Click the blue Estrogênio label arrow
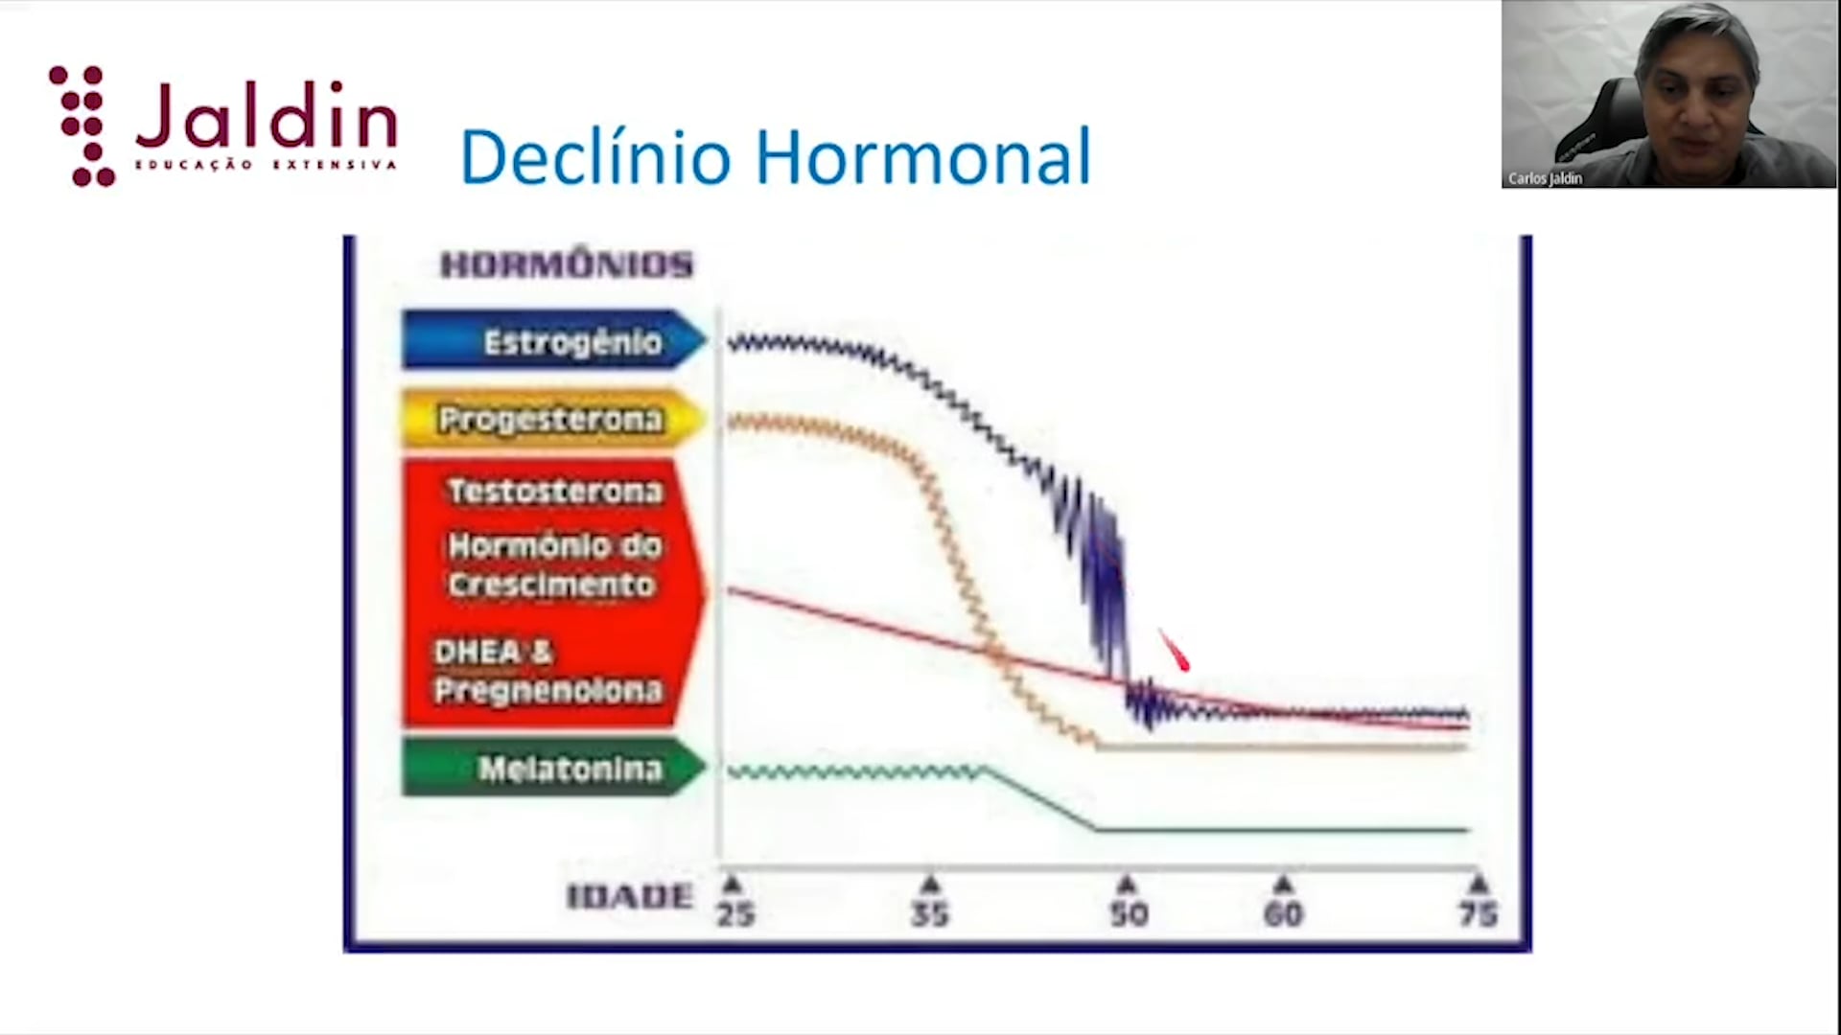[554, 340]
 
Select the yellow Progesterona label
[554, 419]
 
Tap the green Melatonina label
[554, 767]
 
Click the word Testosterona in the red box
[555, 492]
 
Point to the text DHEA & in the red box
[493, 652]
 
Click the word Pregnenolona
[548, 690]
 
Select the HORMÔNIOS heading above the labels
[566, 264]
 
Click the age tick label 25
[735, 913]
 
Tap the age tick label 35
[930, 913]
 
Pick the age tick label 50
[1129, 913]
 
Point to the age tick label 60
[1283, 913]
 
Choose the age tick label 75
[1479, 913]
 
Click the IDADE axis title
[630, 897]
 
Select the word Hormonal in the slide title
[923, 156]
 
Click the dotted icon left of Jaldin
[82, 126]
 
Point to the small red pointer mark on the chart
[1175, 651]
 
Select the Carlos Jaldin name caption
[1545, 178]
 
